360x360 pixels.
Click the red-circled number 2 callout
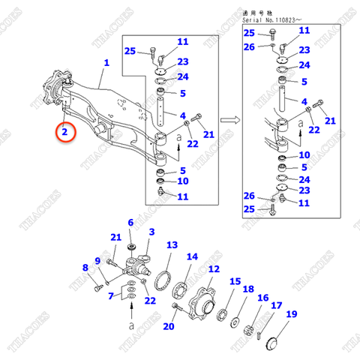point(66,132)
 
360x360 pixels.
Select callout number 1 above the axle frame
point(106,64)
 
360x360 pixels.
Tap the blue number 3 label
point(151,232)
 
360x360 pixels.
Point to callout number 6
point(130,223)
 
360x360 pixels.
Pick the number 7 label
point(111,296)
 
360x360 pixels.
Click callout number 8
point(85,267)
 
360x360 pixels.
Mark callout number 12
point(214,269)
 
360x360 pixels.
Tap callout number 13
point(172,245)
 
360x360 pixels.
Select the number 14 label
point(192,256)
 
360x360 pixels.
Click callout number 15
point(236,282)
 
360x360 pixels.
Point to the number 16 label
point(262,298)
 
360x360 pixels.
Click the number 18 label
point(248,289)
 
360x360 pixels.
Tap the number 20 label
point(169,326)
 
